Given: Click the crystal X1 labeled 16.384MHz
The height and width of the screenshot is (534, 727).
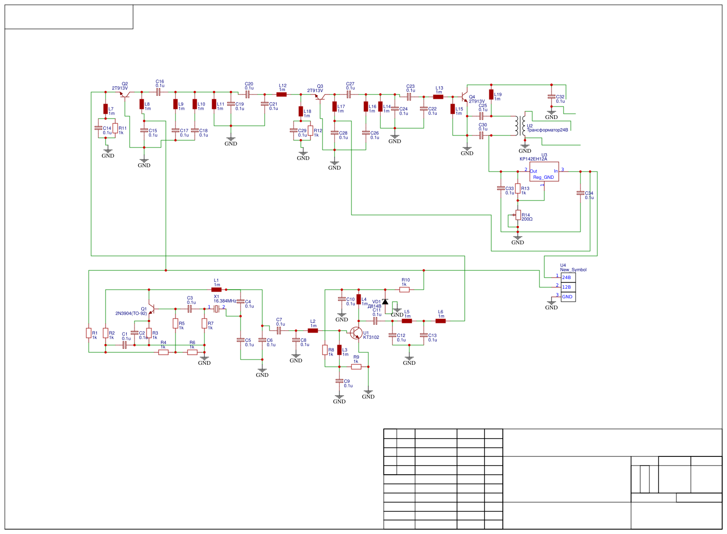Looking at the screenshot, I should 216,308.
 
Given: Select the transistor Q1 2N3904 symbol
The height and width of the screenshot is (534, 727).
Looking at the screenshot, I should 151,308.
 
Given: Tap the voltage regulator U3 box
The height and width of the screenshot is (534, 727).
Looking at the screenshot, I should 544,172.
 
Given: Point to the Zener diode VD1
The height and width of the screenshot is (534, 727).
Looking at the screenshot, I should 385,301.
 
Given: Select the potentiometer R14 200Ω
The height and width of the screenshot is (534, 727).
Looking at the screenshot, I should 518,215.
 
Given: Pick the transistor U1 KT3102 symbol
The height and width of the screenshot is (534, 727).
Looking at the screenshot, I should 356,333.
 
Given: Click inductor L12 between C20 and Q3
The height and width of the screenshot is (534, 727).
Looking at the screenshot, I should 282,94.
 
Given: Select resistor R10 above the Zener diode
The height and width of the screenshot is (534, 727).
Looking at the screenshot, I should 404,290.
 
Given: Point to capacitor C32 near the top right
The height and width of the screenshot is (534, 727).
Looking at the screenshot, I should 552,97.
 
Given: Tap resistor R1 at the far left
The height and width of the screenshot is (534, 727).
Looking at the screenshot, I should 89,333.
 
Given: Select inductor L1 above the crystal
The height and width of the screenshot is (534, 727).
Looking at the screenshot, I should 216,290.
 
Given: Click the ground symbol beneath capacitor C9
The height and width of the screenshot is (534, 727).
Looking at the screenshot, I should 339,398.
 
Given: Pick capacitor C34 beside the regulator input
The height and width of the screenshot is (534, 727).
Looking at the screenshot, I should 580,193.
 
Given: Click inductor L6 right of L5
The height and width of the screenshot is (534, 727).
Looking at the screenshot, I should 441,321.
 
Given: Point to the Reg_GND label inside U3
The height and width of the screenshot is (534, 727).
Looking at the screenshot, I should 543,177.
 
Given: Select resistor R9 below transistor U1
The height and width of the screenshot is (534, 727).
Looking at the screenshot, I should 356,367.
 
